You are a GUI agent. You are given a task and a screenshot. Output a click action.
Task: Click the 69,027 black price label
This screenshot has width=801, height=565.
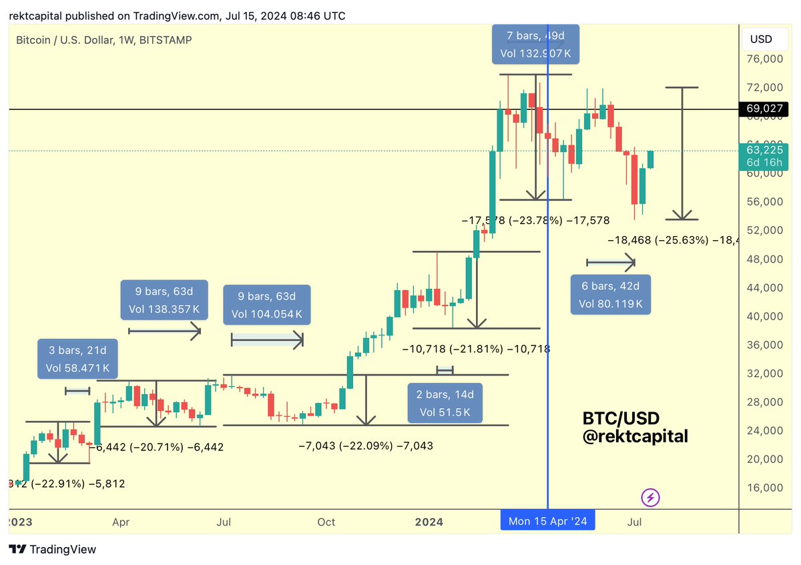[x=764, y=109]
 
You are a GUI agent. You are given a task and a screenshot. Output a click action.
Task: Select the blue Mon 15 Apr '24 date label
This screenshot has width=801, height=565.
[x=547, y=521]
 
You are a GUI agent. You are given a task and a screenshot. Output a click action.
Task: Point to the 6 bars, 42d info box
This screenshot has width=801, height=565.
[x=610, y=295]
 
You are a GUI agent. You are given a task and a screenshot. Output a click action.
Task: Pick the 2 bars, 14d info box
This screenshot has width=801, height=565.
[x=445, y=404]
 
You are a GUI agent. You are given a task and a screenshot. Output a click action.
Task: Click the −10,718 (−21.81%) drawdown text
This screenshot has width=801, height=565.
[x=476, y=349]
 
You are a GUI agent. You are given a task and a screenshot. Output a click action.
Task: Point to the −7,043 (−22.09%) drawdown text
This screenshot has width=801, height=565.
[x=365, y=445]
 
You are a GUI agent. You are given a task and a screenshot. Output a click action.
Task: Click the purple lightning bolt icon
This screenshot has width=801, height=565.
[x=651, y=497]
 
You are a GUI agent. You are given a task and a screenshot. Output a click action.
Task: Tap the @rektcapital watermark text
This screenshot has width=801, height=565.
[x=635, y=437]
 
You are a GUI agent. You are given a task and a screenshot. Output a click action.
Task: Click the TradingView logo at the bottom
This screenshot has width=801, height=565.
[x=53, y=550]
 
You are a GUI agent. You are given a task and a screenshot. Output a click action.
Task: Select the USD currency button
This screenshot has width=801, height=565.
[x=761, y=39]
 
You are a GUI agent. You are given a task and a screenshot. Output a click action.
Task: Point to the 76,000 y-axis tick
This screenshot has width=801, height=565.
[x=764, y=59]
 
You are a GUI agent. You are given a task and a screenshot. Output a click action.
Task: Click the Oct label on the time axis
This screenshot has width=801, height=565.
[x=326, y=522]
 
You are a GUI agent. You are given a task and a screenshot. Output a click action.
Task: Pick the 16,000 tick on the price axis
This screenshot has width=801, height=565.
[x=764, y=488]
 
